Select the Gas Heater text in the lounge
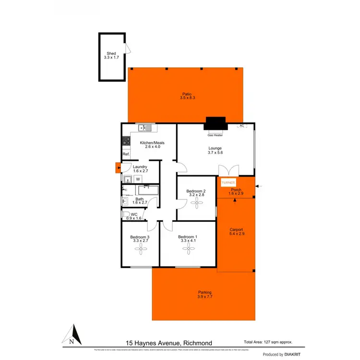pyautogui.click(x=215, y=135)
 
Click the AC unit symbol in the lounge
pyautogui.click(x=241, y=126)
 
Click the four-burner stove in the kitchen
pyautogui.click(x=126, y=141)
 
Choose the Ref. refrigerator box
pyautogui.click(x=126, y=154)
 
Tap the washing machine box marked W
pyautogui.click(x=138, y=179)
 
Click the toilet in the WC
pyautogui.click(x=126, y=215)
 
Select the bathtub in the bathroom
pyautogui.click(x=146, y=190)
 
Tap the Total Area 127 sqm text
pyautogui.click(x=268, y=342)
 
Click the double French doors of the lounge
pyautogui.click(x=228, y=171)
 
